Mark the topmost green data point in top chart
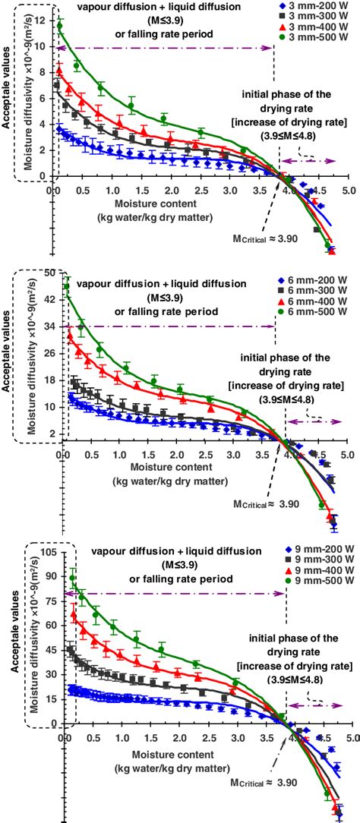59,27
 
